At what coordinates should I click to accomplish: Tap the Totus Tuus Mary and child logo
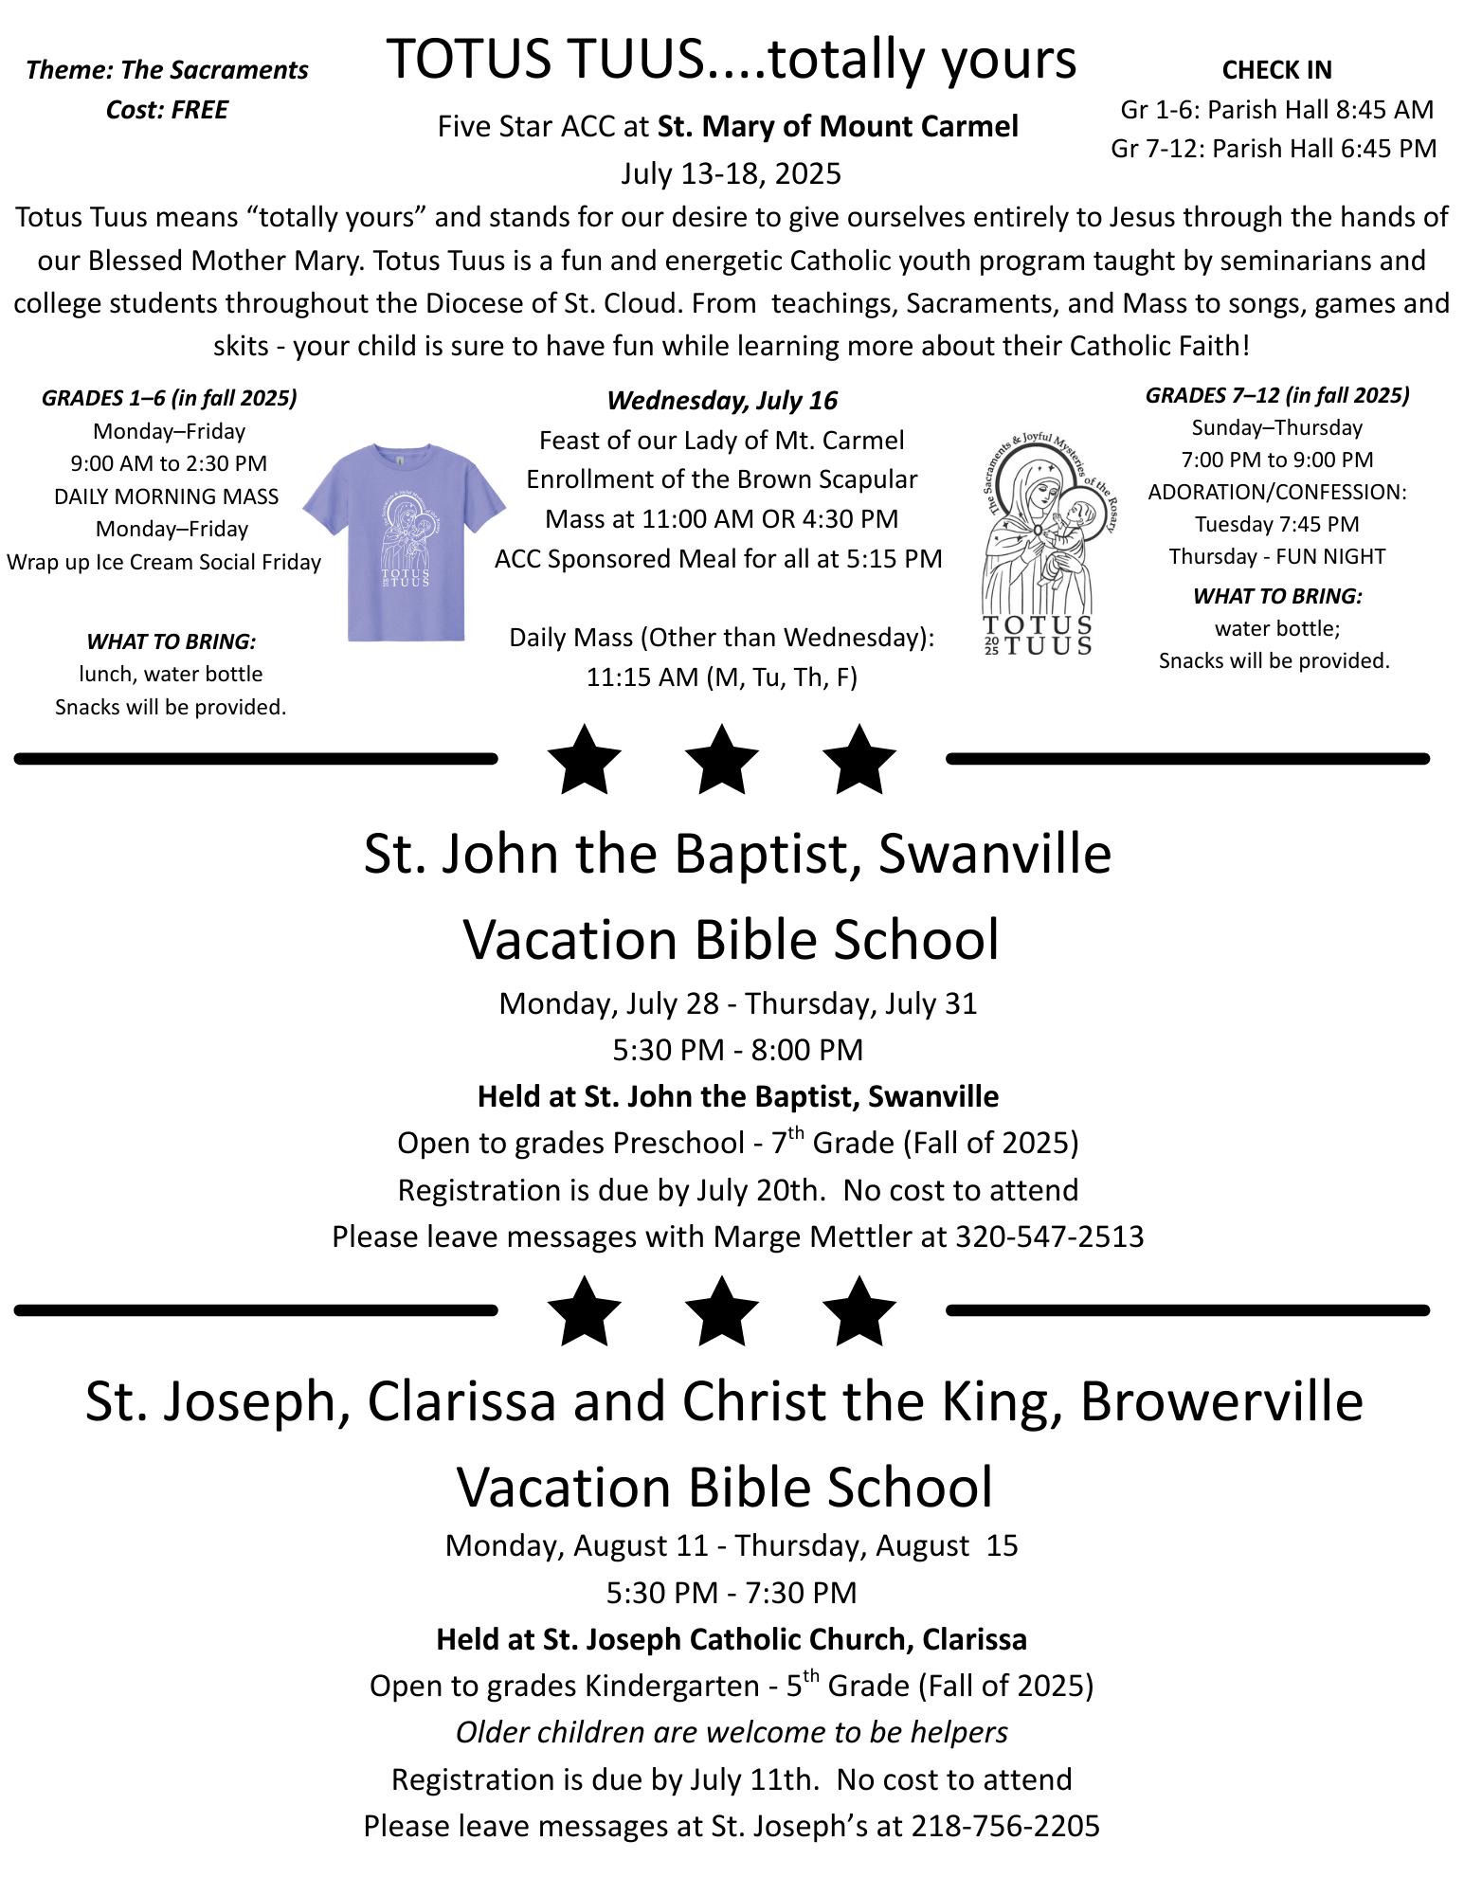tap(1042, 545)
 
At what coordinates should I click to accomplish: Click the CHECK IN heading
tap(1276, 70)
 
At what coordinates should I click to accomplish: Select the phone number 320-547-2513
tap(1049, 1236)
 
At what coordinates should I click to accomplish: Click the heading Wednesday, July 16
tap(722, 401)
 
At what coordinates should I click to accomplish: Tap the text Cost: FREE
tap(167, 110)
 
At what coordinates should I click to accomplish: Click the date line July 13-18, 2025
tap(731, 173)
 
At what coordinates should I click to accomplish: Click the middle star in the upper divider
tap(722, 760)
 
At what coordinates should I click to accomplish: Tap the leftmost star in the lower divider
tap(585, 1312)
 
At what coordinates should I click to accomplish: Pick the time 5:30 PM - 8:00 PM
tap(737, 1050)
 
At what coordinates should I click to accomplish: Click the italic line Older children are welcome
tap(731, 1732)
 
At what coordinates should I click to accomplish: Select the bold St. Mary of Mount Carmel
tap(838, 126)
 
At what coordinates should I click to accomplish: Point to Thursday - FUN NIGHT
tap(1276, 556)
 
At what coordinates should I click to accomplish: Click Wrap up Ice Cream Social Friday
tap(164, 562)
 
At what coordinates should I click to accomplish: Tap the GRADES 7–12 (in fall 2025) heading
tap(1276, 395)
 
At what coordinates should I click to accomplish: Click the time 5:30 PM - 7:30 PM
tap(731, 1593)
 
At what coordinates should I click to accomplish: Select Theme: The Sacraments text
tap(167, 70)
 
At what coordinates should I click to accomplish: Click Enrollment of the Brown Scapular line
tap(722, 479)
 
